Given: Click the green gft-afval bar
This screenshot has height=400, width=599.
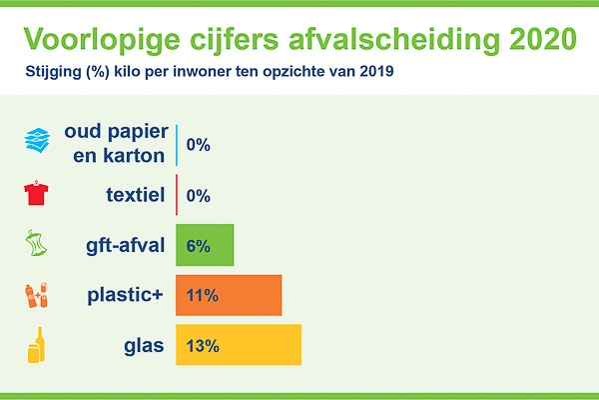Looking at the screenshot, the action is click(x=205, y=245).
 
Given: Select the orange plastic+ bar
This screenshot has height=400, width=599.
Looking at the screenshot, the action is click(x=229, y=295).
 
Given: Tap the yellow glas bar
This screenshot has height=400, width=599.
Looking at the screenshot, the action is click(x=239, y=345).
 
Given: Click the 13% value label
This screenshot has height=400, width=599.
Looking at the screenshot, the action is click(x=203, y=346).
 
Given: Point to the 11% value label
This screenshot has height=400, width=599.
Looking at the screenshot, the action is click(x=203, y=296).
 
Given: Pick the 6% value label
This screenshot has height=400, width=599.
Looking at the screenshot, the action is click(x=199, y=246).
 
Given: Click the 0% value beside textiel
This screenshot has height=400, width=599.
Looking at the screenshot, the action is click(x=199, y=196).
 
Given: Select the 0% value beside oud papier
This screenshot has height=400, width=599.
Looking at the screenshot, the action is click(x=199, y=145).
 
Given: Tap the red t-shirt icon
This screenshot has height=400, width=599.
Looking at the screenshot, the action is click(x=36, y=193).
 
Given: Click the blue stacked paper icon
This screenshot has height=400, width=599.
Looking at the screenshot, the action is click(x=37, y=140).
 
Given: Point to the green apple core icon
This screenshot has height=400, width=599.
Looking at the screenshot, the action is click(x=36, y=243).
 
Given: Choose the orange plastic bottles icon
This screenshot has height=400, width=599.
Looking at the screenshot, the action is click(x=36, y=295).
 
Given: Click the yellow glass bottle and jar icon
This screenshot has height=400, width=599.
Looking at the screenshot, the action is click(x=36, y=345).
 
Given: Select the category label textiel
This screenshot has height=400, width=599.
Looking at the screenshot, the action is click(x=136, y=194).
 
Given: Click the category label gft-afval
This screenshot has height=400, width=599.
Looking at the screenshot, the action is click(x=126, y=246).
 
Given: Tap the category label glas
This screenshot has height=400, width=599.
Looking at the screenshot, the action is click(x=144, y=346).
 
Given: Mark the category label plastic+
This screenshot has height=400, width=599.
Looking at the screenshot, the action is click(x=126, y=296).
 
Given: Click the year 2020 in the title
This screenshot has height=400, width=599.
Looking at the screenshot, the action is click(x=543, y=39).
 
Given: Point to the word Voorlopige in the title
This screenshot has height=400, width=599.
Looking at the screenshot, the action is click(x=102, y=40).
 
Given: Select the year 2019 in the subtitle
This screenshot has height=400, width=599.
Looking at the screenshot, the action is click(x=376, y=71).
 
